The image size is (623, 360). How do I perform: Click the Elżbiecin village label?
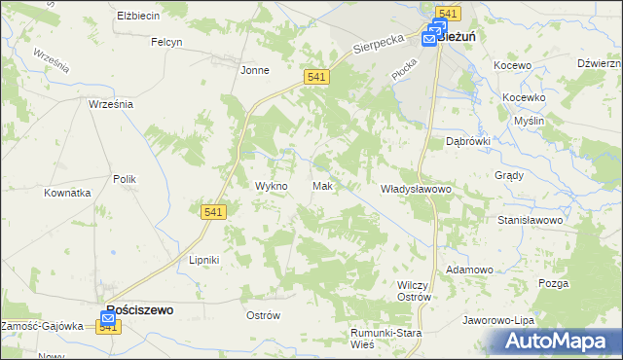138,17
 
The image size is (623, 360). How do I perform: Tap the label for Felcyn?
167,42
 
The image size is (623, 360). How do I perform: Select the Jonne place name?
255,70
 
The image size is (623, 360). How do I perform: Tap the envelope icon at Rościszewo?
108,318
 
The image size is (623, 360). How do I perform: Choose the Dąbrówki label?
467,141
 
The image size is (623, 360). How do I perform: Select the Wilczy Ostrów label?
415,290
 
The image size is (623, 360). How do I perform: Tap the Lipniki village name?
205,261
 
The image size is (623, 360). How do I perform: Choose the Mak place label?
324,186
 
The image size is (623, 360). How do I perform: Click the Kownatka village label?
67,193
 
